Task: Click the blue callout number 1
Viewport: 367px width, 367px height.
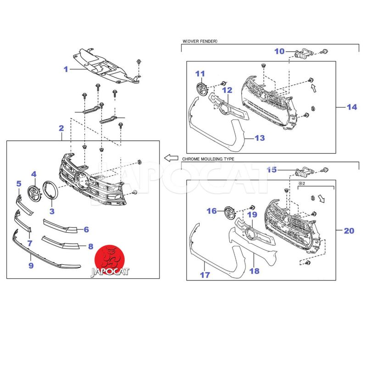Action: point(66,69)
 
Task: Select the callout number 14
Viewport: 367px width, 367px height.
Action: point(352,107)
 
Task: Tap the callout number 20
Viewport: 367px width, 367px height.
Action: point(349,231)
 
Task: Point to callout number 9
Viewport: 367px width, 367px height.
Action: point(31,266)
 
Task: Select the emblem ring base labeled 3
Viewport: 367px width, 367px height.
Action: point(50,190)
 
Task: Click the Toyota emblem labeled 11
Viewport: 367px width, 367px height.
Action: point(202,89)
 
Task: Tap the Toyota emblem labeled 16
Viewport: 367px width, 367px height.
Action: point(230,213)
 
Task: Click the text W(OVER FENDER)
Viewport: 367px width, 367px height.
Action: point(200,41)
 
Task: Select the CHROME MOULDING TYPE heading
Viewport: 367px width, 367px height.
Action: point(208,159)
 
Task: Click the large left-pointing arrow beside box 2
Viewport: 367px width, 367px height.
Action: point(171,158)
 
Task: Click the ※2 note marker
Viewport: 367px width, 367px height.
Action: point(302,183)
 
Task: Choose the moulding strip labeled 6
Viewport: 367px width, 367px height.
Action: point(60,226)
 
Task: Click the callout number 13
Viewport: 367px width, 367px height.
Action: point(260,138)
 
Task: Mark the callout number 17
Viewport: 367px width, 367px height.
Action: point(205,275)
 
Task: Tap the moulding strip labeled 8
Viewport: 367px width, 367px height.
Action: point(61,243)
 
